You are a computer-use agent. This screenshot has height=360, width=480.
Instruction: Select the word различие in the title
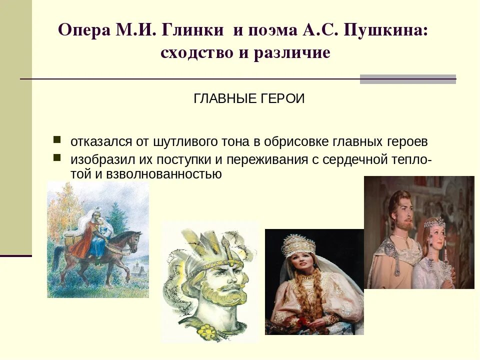click(292, 52)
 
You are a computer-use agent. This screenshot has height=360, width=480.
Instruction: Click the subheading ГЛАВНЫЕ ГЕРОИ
click(249, 99)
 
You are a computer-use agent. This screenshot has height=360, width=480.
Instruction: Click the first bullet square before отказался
click(57, 139)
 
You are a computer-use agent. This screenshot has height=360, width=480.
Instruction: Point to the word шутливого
click(183, 141)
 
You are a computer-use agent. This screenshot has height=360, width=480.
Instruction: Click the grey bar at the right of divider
click(407, 79)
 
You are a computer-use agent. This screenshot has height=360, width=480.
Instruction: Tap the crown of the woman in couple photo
click(434, 222)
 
